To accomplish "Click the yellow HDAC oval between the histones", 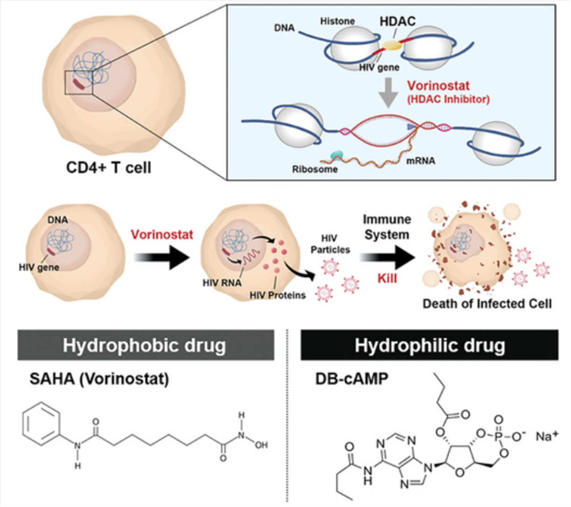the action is [x=392, y=45].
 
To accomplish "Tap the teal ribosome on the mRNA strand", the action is [x=337, y=155].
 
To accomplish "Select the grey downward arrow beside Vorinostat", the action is [x=388, y=92].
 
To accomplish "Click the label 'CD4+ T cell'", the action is [x=108, y=167].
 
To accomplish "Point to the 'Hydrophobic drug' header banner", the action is [x=146, y=345].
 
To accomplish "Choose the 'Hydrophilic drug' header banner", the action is [x=430, y=345].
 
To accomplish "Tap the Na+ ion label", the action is [x=547, y=436].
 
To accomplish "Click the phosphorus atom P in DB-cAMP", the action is [x=498, y=437].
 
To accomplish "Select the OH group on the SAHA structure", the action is [x=261, y=445].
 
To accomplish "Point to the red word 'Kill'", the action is [x=387, y=278].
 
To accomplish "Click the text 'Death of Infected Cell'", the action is [x=487, y=304].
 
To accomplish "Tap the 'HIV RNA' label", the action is [x=222, y=283].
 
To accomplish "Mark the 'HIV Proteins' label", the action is [x=278, y=295].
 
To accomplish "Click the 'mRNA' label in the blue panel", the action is [x=421, y=161].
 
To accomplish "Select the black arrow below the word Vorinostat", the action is [x=162, y=257].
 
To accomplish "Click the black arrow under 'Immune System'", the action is [x=387, y=257].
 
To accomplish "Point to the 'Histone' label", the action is [x=338, y=21].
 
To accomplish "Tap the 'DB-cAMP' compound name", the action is [x=352, y=379].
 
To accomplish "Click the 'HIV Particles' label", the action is [x=330, y=244].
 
